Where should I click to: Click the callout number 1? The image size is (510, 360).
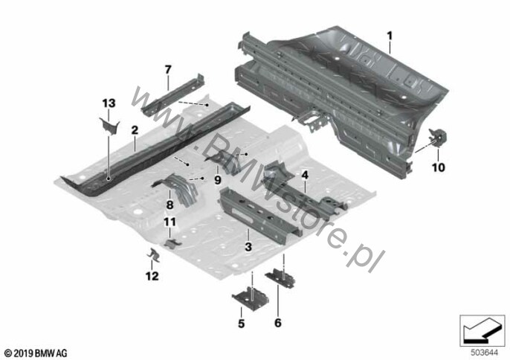point(390,35)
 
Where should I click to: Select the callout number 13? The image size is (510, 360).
point(109,103)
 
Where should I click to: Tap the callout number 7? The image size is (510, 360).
point(168,69)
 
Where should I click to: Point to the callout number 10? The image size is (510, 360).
point(438,167)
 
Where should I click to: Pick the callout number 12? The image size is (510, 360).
point(152,276)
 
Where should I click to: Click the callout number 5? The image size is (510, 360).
point(241,324)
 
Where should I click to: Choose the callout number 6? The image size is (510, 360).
point(278,323)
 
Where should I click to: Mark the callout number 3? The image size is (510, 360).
point(248,247)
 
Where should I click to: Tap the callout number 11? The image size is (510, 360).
point(170,222)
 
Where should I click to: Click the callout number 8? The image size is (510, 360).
point(170,205)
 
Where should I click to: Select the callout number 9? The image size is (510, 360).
point(218,180)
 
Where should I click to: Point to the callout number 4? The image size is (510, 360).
point(305,175)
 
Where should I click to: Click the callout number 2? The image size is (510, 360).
point(135,130)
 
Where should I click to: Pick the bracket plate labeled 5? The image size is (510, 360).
point(250,298)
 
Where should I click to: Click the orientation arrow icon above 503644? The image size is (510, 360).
point(482,331)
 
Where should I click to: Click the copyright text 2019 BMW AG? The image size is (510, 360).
point(36,353)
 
